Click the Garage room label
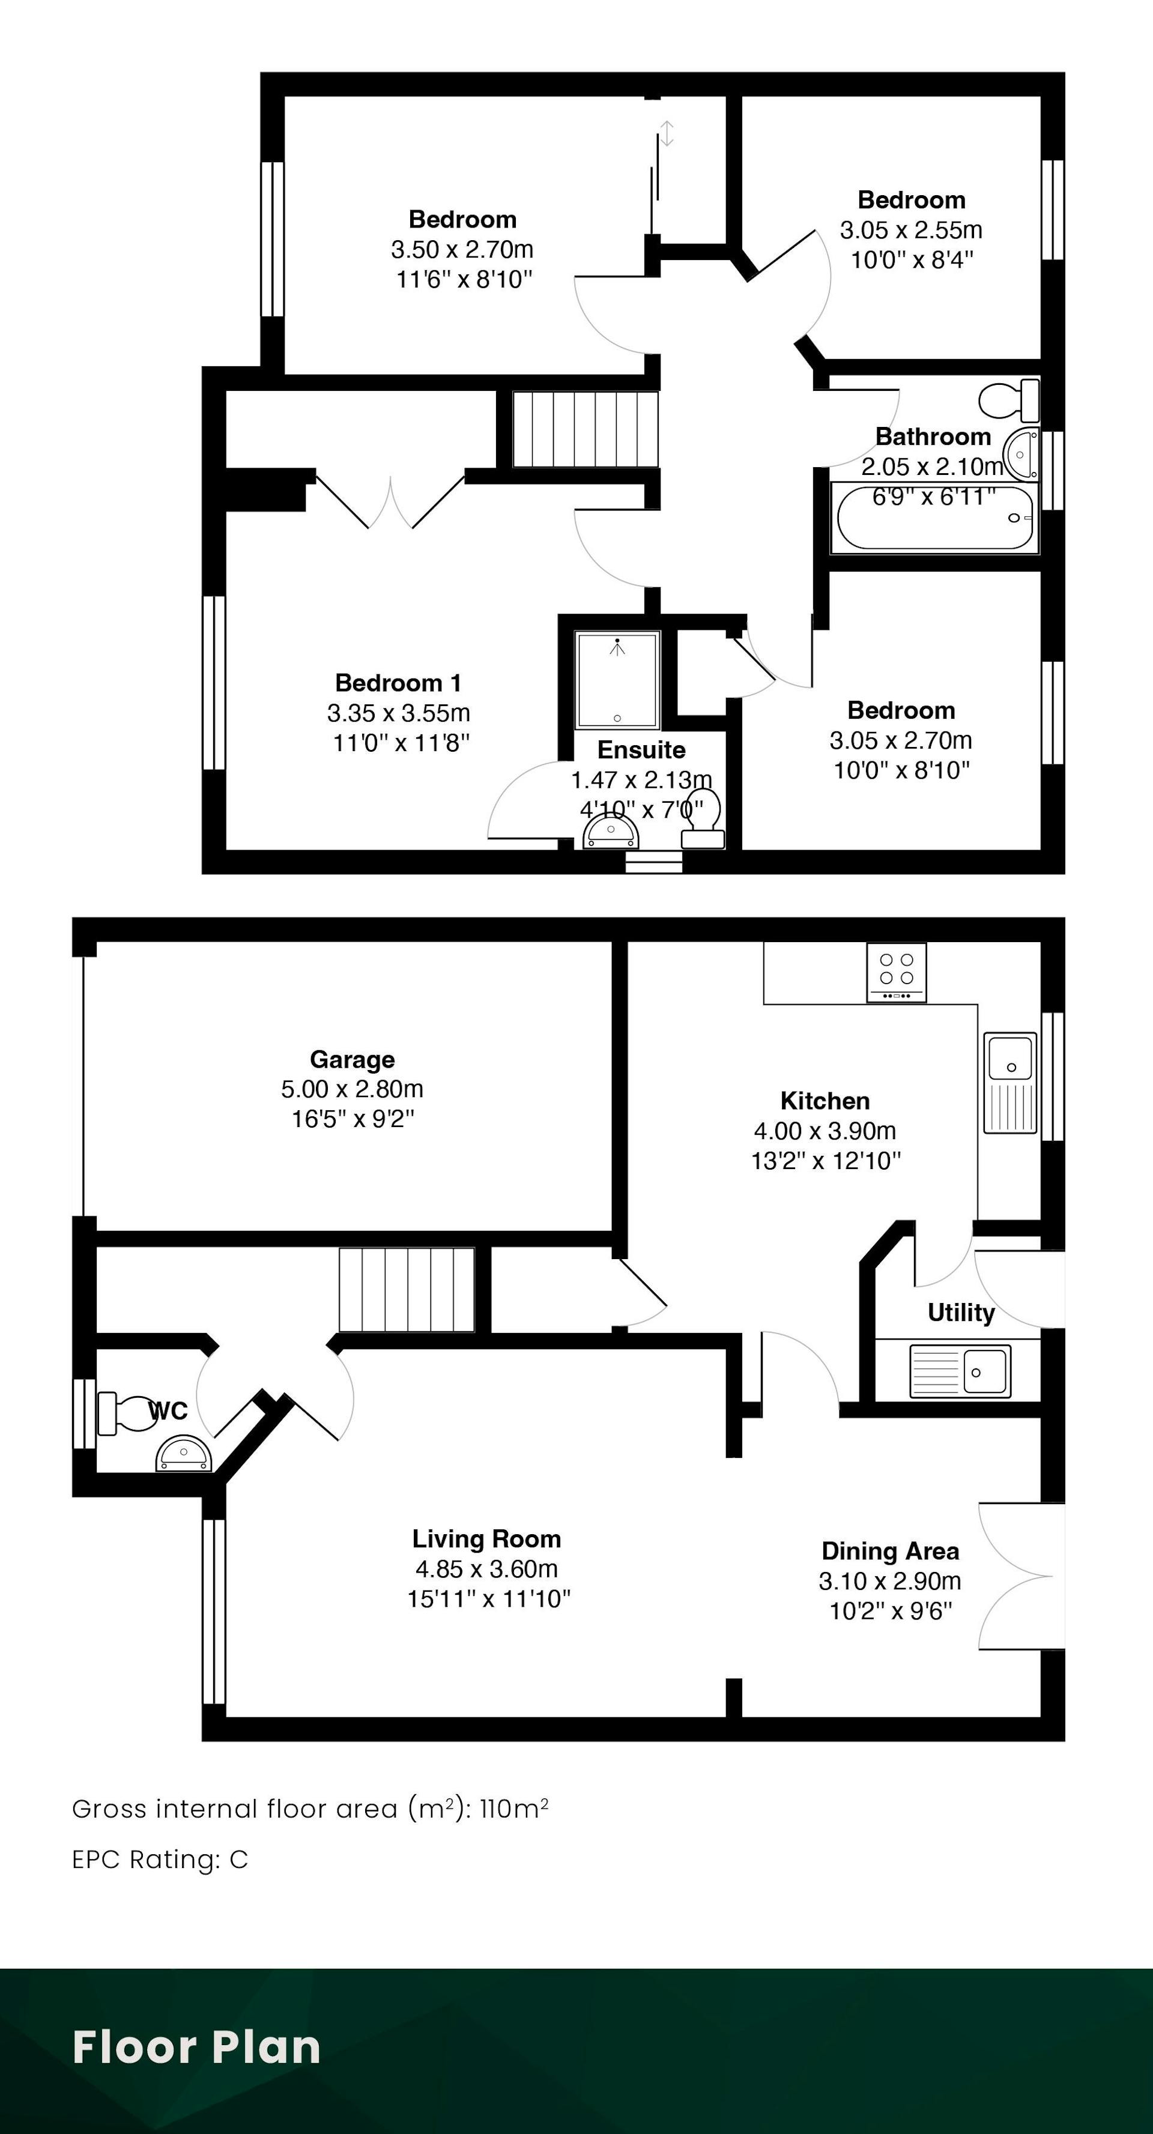352,1060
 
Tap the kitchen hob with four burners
896,973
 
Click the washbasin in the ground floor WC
184,1455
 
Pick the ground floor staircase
407,1290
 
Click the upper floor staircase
586,429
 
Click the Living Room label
487,1539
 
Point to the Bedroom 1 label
398,683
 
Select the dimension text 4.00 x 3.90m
825,1131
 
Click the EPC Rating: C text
160,1860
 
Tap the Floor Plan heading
196,2047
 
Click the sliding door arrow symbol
667,133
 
